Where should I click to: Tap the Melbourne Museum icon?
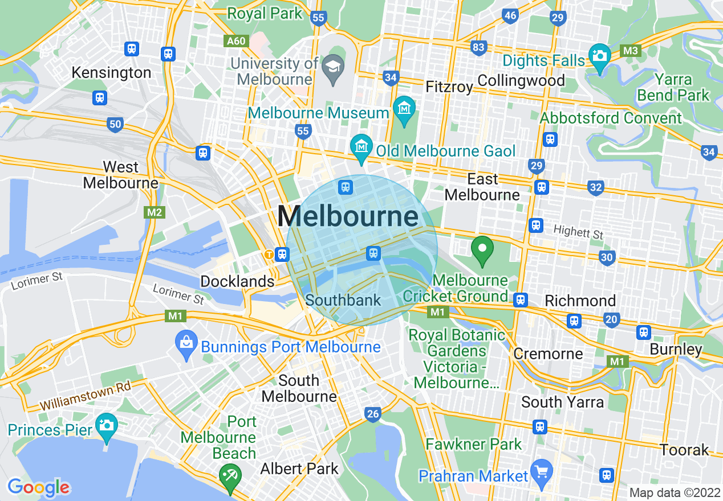pos(404,108)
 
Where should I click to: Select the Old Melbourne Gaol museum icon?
pos(361,146)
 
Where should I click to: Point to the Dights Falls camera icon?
pos(599,56)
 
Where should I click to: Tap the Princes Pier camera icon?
pos(106,425)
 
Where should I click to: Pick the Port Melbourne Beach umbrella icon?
pos(230,474)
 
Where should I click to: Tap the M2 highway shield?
pos(155,212)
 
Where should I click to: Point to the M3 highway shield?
pos(630,51)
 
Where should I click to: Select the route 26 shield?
pos(372,414)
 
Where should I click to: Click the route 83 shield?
pos(478,47)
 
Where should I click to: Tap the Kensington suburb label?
pos(112,73)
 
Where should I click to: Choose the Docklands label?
pos(237,281)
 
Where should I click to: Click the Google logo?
pos(38,487)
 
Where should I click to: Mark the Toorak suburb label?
pos(684,450)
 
